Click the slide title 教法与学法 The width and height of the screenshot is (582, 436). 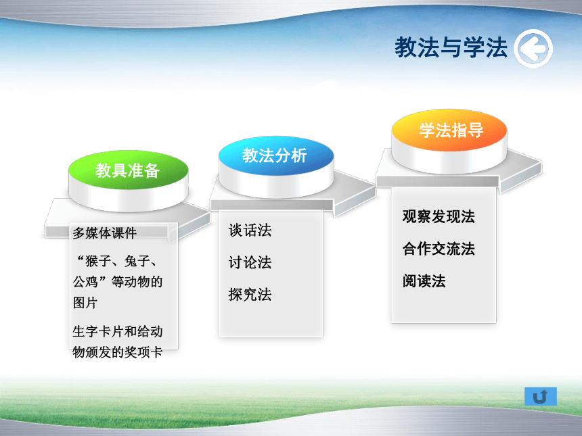tap(451, 47)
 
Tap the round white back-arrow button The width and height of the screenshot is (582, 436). tap(533, 49)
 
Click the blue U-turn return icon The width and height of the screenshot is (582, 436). tap(541, 396)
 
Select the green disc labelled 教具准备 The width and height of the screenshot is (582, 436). tap(128, 170)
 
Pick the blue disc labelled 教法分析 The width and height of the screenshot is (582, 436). tap(275, 155)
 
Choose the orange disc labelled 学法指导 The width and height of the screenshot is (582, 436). tap(449, 130)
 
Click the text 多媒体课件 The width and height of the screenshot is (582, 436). tap(105, 233)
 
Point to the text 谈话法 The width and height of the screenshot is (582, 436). tap(250, 231)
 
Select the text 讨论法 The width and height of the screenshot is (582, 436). tap(250, 262)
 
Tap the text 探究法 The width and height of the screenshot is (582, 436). tap(250, 295)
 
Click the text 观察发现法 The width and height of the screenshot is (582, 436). tap(439, 216)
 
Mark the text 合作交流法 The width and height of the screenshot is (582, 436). tap(439, 249)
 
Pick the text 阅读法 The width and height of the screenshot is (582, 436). tap(424, 281)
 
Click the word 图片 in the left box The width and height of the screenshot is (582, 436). tap(85, 303)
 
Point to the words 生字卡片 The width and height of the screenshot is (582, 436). tap(98, 331)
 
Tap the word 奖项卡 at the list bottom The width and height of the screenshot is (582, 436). tap(143, 352)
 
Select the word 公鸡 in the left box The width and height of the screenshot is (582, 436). tap(85, 282)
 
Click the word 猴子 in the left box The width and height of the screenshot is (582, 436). tap(98, 262)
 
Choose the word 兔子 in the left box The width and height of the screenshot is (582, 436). tap(137, 262)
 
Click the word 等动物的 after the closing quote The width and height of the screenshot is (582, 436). tap(137, 282)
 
